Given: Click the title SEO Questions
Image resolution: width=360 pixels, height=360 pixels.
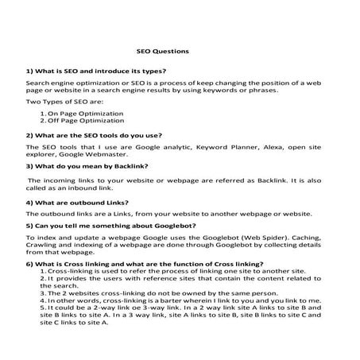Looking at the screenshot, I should [x=162, y=51].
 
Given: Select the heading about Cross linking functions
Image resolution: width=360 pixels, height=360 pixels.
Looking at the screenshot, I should [x=144, y=263].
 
